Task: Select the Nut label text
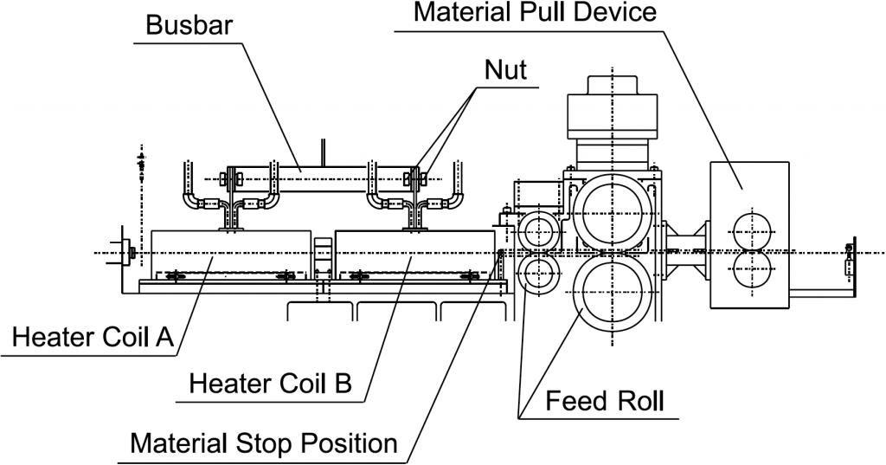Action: coord(505,70)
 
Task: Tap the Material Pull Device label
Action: coord(536,13)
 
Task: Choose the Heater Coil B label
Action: coord(270,382)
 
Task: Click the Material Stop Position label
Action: coord(263,443)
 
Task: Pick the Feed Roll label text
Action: coord(605,402)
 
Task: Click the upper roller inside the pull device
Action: coord(749,230)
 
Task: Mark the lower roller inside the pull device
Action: coord(749,270)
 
